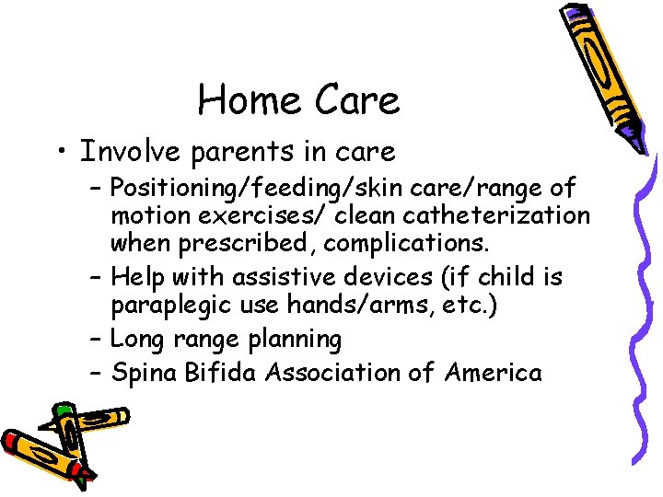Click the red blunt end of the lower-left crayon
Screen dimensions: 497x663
pos(13,443)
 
